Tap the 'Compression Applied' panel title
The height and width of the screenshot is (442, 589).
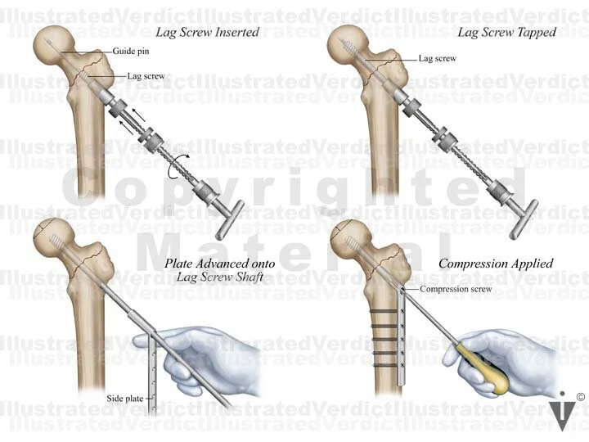click(496, 264)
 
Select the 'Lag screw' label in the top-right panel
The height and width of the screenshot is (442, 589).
click(437, 59)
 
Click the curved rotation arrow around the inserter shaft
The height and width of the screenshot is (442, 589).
click(173, 169)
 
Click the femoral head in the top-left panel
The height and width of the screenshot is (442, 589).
click(56, 45)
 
